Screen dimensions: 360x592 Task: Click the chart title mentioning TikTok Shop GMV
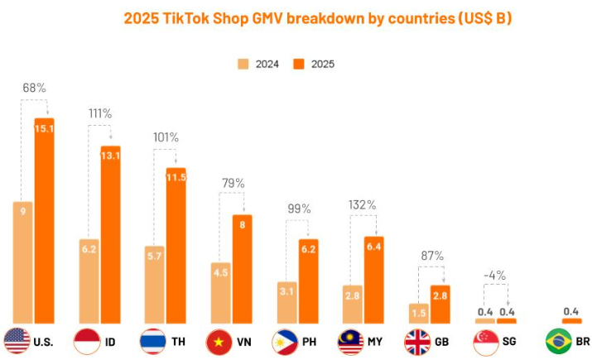pos(317,17)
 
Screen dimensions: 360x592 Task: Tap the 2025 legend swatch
pos(299,64)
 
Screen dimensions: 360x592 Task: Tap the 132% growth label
pos(363,204)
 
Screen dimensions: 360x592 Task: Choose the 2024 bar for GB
pos(419,313)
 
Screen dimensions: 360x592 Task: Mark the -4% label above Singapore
pos(494,275)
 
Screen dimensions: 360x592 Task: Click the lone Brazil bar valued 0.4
pos(571,320)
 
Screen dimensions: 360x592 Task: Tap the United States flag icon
pos(17,340)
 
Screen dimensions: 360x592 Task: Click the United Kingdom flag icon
pos(417,340)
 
